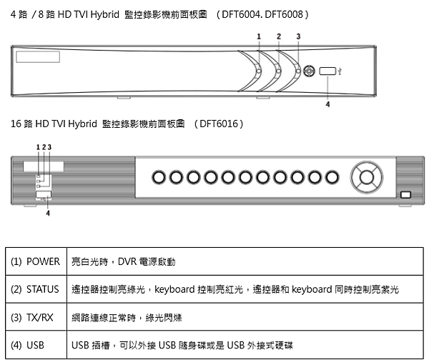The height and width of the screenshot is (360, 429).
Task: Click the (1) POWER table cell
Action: (x=36, y=261)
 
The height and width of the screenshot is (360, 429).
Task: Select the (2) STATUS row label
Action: (x=35, y=289)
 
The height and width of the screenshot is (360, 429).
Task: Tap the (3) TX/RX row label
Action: (x=32, y=317)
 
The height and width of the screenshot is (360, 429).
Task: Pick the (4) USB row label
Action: (x=27, y=345)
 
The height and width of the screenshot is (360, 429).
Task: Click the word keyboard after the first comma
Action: (x=174, y=289)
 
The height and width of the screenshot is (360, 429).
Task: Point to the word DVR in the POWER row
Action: (x=127, y=261)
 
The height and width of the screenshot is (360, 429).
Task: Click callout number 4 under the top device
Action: (x=327, y=104)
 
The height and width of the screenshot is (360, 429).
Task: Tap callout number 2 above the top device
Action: (x=279, y=36)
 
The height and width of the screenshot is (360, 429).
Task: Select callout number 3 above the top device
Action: (x=298, y=36)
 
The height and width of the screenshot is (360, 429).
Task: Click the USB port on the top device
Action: (x=327, y=71)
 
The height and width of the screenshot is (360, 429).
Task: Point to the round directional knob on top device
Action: (x=309, y=71)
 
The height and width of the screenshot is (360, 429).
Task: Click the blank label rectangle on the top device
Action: (x=38, y=57)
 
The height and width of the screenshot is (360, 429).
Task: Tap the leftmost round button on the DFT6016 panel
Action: (x=159, y=177)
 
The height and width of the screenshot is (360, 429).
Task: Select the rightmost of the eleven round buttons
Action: (x=332, y=177)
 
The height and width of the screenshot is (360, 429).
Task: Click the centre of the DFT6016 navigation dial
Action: (x=367, y=177)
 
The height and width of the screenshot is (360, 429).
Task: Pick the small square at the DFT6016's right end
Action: (x=405, y=194)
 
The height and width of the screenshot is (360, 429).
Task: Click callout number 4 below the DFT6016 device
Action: (x=48, y=213)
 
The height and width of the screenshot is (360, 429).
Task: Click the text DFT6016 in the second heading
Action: (x=219, y=124)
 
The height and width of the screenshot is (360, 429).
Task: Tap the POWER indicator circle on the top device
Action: (x=259, y=71)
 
